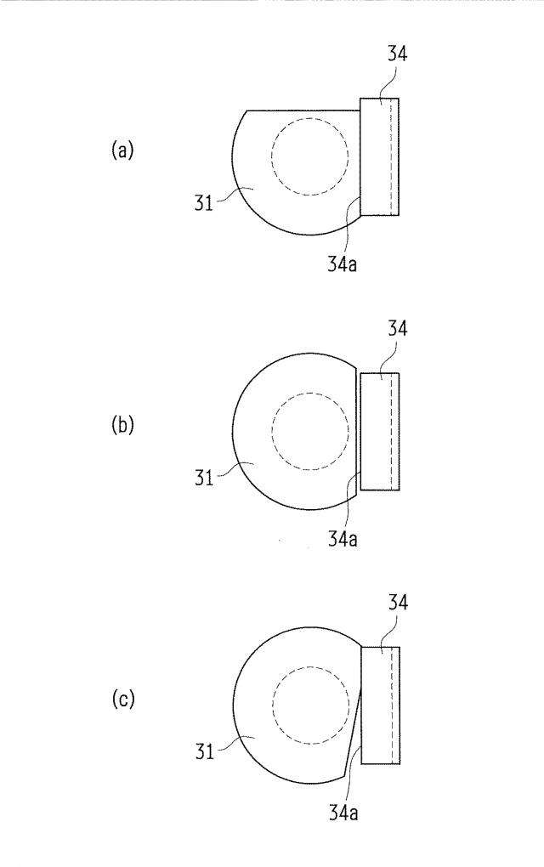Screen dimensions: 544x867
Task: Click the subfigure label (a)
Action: pyautogui.click(x=122, y=150)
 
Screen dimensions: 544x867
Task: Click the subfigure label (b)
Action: pyautogui.click(x=122, y=425)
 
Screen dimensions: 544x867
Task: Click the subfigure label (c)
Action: pyautogui.click(x=122, y=699)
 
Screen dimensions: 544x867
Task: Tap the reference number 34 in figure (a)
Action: pyautogui.click(x=397, y=54)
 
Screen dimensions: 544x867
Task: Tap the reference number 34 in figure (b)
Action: pyautogui.click(x=397, y=328)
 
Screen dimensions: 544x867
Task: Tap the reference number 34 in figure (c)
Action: pyautogui.click(x=398, y=602)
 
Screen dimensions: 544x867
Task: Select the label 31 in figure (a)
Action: pyautogui.click(x=203, y=203)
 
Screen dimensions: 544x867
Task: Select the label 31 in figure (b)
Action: pyautogui.click(x=203, y=477)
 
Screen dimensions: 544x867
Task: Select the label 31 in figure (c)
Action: pyautogui.click(x=204, y=751)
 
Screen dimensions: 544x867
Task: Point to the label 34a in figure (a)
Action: pyautogui.click(x=343, y=263)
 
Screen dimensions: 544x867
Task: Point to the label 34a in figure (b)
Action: pyautogui.click(x=343, y=538)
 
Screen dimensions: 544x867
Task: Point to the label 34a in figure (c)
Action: pyautogui.click(x=343, y=813)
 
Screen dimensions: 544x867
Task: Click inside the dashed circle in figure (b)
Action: pyautogui.click(x=310, y=431)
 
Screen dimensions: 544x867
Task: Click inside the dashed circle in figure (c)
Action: pyautogui.click(x=311, y=705)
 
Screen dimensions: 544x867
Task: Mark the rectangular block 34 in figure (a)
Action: pyautogui.click(x=379, y=156)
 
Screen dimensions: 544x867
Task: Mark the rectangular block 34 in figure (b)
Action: pyautogui.click(x=379, y=431)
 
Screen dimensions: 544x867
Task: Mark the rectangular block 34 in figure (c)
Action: pyautogui.click(x=380, y=705)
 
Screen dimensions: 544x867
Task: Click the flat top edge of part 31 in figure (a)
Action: pyautogui.click(x=303, y=110)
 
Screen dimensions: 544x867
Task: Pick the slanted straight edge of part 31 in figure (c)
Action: pyautogui.click(x=353, y=732)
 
